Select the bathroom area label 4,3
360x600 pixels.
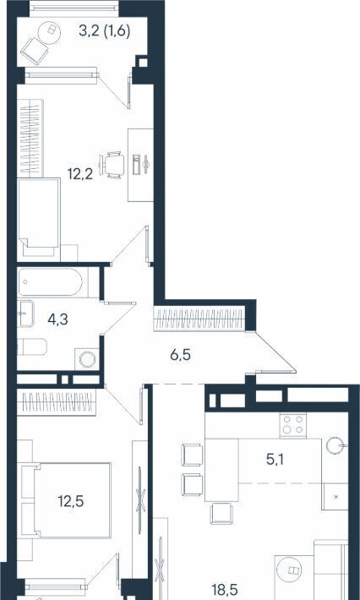[57, 319]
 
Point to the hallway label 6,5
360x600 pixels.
[180, 356]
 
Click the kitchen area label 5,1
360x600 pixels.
[275, 460]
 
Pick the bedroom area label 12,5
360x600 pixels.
[71, 500]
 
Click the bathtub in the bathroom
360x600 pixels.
[50, 282]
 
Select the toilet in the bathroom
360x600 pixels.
[32, 346]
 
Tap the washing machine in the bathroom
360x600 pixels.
[87, 359]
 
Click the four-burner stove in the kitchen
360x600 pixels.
[293, 425]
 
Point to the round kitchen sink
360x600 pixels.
[336, 445]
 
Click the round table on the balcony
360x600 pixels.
[51, 29]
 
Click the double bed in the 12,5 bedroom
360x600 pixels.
[66, 500]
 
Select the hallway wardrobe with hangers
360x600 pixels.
[199, 319]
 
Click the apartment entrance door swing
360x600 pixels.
[274, 352]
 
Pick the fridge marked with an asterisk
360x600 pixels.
[335, 496]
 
